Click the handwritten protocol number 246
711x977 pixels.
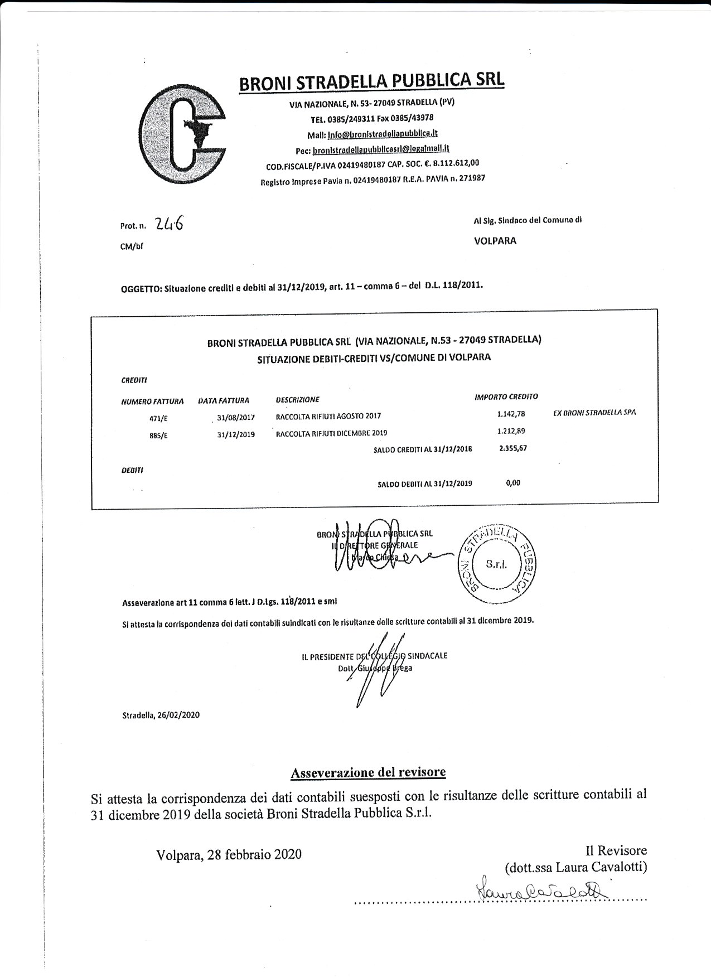170,224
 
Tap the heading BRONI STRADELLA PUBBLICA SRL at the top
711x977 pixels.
371,81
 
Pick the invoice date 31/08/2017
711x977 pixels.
236,417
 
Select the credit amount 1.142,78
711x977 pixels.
511,414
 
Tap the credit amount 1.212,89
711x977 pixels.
511,431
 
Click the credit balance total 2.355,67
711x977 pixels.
513,448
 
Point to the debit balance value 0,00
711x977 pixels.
513,483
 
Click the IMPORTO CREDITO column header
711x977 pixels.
506,396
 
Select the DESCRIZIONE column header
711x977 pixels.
298,399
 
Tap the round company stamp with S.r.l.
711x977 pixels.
495,564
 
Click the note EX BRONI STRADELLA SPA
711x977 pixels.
594,413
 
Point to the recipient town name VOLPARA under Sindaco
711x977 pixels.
495,241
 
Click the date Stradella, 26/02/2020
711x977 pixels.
161,715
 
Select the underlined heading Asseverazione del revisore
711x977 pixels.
368,772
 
